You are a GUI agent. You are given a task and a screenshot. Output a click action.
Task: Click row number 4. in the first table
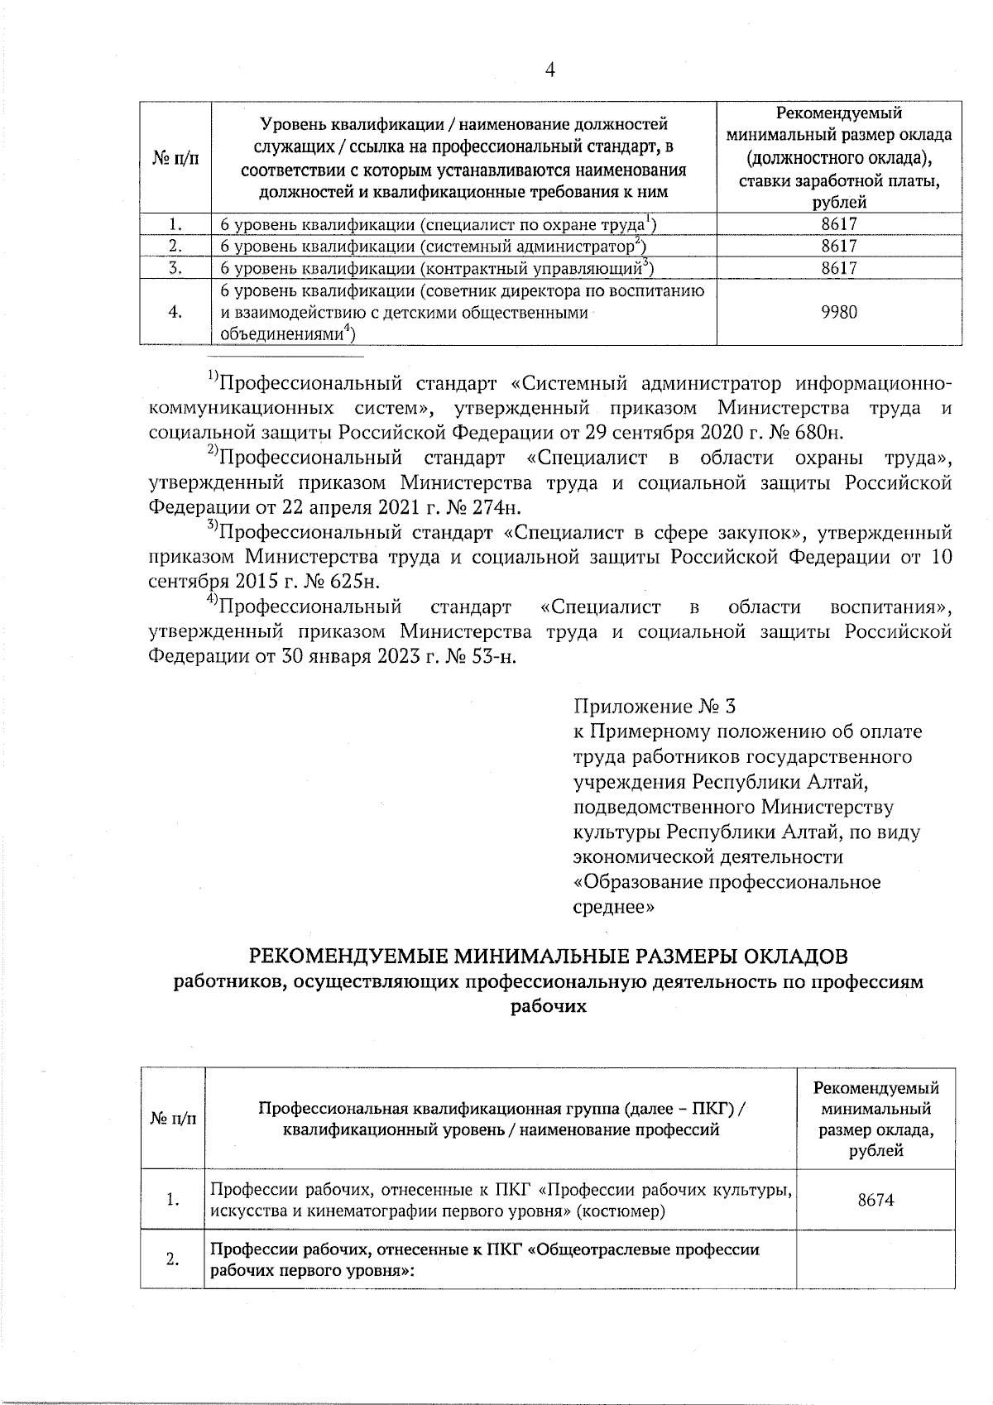[x=175, y=312]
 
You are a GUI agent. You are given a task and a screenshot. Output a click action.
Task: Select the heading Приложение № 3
[x=654, y=707]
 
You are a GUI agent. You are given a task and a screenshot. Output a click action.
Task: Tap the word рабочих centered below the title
[x=549, y=1007]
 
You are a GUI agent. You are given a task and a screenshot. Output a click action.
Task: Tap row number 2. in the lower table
[x=173, y=1260]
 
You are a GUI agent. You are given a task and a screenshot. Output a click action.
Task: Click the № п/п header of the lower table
[x=173, y=1118]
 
